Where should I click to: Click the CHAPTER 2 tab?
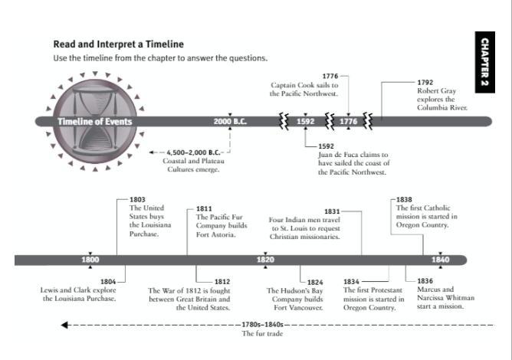485,62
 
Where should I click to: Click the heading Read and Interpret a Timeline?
119,44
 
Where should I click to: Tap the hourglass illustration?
95,121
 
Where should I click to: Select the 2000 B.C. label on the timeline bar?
230,122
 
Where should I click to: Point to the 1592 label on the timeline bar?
305,122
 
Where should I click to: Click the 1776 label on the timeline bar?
349,122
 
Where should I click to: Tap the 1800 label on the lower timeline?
90,260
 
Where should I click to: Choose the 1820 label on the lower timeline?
265,260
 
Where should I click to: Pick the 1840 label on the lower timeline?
441,260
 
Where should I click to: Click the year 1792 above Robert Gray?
425,83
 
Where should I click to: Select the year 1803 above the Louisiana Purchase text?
137,199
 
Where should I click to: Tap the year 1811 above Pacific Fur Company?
204,208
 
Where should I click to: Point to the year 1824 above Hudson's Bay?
315,283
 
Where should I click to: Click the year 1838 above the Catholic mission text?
404,199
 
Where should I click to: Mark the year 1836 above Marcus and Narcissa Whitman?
425,281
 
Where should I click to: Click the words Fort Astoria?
216,234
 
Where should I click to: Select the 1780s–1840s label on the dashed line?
263,325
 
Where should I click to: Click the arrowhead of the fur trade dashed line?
64,325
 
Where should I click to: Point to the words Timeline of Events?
95,122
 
